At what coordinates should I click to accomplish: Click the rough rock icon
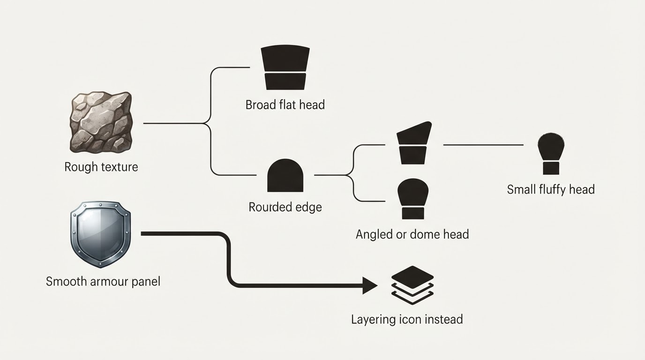(x=101, y=122)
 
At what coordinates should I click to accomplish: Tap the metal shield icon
(x=100, y=234)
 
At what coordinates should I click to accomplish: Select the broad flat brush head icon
(x=285, y=67)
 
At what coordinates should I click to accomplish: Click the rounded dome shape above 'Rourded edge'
(x=285, y=175)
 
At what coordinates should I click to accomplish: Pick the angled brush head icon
(x=414, y=143)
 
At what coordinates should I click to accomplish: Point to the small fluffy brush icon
(x=551, y=154)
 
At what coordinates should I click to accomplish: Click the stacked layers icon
(x=412, y=285)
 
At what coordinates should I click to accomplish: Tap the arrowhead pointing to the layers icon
(x=370, y=285)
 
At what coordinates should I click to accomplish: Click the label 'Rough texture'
(x=101, y=167)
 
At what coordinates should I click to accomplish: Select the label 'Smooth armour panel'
(x=103, y=281)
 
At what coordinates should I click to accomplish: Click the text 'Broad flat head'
(x=285, y=105)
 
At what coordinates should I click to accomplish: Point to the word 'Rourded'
(x=269, y=207)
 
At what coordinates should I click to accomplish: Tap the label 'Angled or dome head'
(x=412, y=234)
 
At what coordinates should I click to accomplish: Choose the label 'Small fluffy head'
(x=551, y=189)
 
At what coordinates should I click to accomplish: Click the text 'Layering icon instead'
(x=407, y=319)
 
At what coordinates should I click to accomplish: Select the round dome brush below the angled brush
(x=413, y=199)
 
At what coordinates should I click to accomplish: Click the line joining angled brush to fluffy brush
(x=483, y=145)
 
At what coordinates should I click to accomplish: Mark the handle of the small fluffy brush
(x=551, y=168)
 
